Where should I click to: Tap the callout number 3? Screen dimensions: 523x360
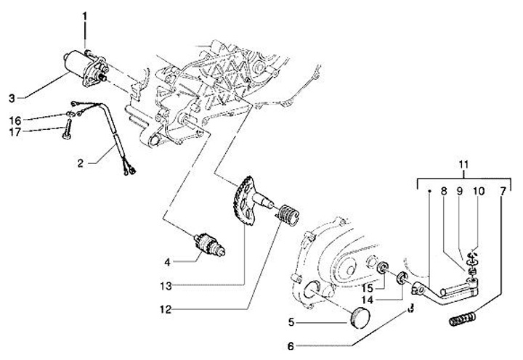pos(12,97)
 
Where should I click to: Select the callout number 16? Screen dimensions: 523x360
pos(15,119)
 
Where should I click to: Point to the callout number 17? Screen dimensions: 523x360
pos(15,131)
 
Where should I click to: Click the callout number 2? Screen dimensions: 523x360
pos(82,164)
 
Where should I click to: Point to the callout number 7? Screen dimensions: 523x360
pos(503,192)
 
